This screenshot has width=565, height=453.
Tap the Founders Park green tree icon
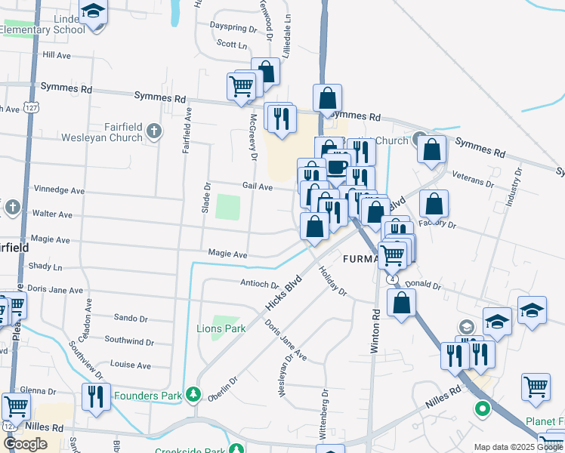click(194, 394)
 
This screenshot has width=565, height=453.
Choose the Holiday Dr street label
click(332, 281)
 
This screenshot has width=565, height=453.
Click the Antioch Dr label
click(259, 284)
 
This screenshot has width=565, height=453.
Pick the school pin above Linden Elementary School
click(94, 12)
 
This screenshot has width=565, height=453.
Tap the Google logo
click(25, 444)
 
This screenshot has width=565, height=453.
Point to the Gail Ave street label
click(257, 186)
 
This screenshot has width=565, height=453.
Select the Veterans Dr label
click(473, 178)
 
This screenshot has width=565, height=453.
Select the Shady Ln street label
click(45, 267)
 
